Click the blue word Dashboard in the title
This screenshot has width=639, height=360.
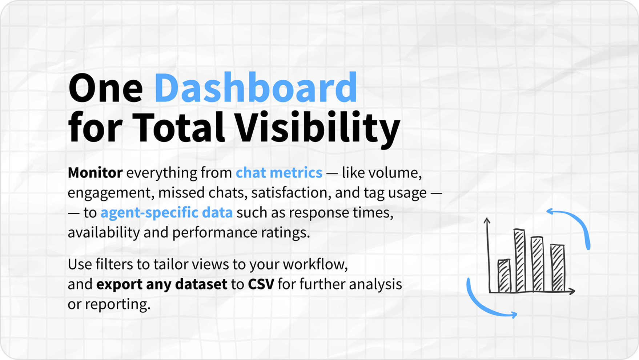click(256, 87)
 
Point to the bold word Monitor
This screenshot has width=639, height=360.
click(95, 173)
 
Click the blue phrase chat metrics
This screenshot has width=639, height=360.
click(279, 173)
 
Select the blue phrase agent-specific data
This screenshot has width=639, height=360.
click(166, 213)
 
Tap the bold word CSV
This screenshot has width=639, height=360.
click(261, 284)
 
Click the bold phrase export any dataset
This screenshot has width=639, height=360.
click(162, 284)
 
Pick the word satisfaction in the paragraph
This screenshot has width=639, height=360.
click(291, 193)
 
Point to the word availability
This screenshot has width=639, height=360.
click(104, 233)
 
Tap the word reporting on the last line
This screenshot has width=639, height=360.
click(118, 305)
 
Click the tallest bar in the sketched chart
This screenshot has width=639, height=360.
click(520, 260)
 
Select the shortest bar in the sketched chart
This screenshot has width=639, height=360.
click(504, 276)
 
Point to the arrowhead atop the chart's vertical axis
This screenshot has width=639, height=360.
click(487, 220)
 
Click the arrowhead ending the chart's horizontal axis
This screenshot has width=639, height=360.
click(572, 291)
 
